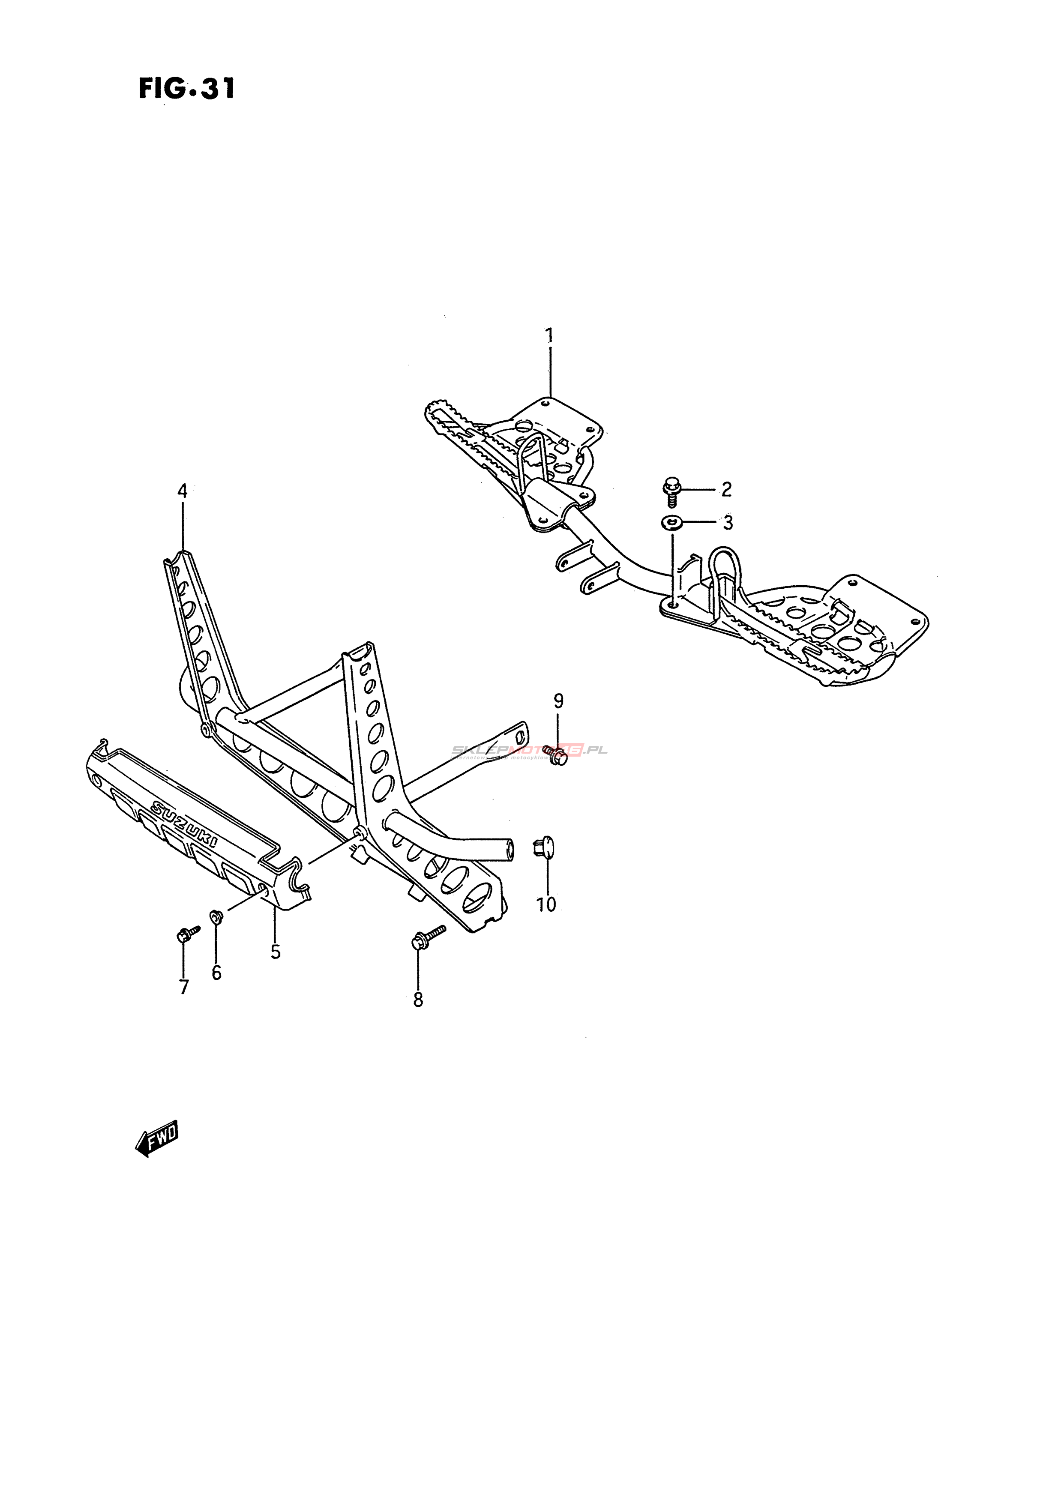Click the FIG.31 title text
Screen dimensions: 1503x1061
point(186,88)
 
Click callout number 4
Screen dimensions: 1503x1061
point(183,491)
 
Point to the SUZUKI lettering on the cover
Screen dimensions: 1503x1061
point(186,826)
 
